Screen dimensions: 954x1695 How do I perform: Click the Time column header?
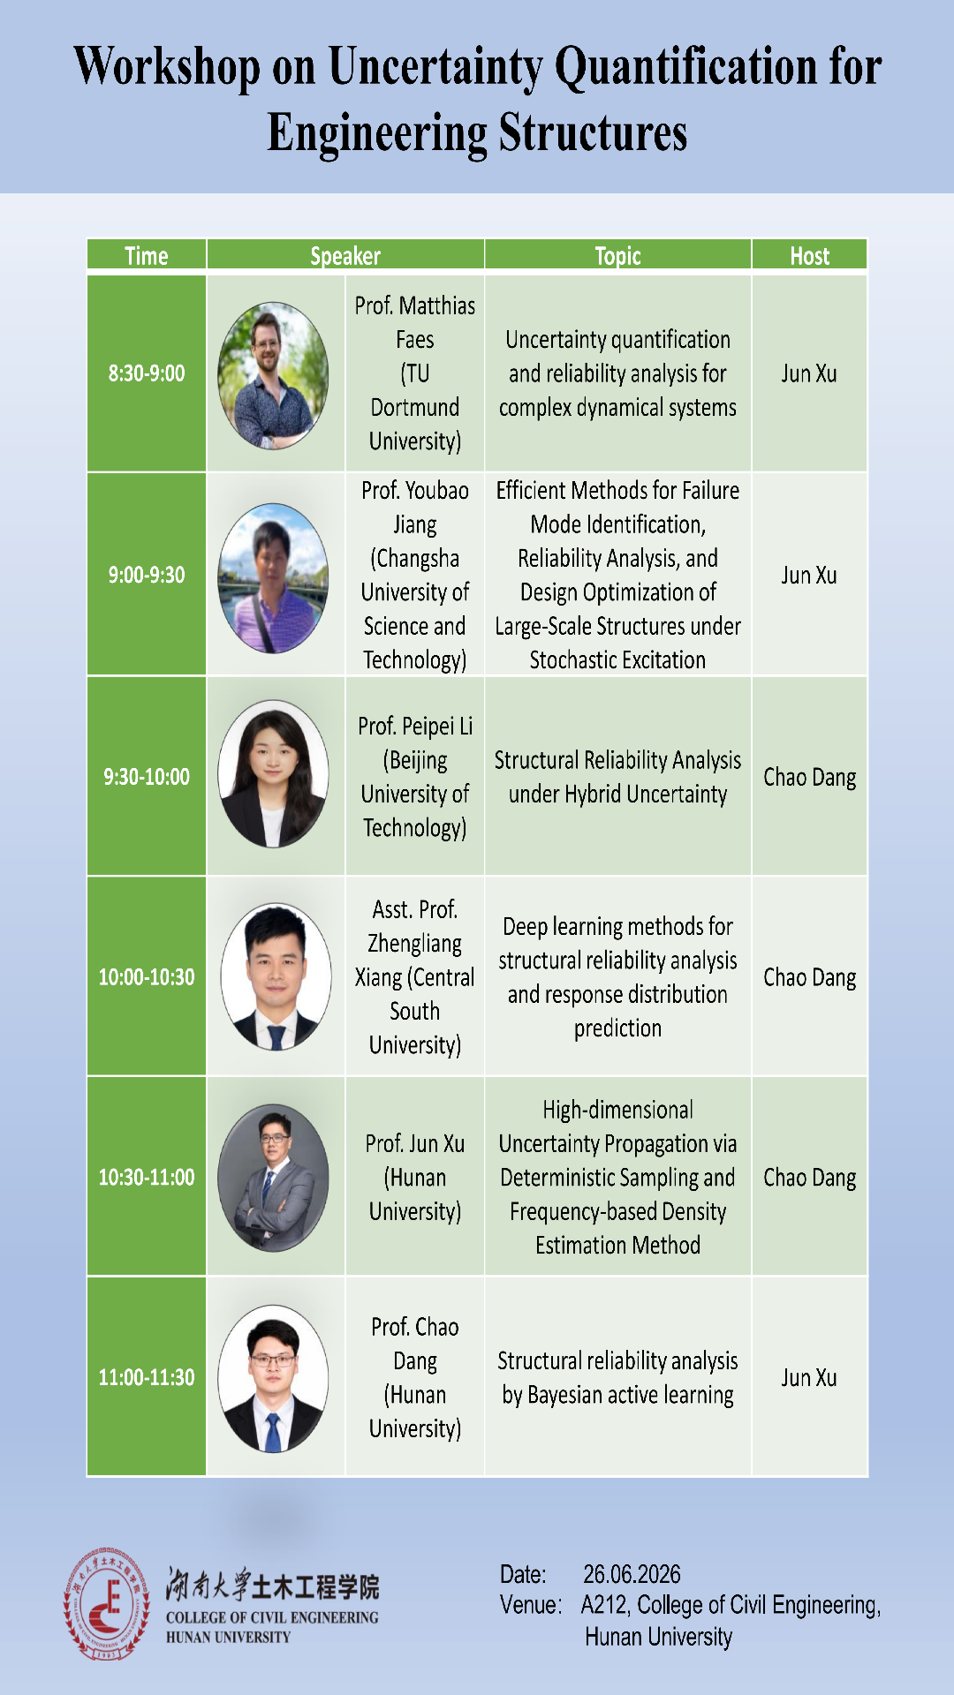pos(147,256)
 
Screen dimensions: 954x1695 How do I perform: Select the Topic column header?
pos(617,256)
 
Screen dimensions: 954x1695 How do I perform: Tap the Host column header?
pos(809,256)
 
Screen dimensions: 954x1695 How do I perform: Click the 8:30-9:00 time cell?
pos(147,373)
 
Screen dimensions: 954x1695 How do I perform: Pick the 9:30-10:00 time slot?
pos(147,777)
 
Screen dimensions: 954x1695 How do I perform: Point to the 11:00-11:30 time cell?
pos(147,1377)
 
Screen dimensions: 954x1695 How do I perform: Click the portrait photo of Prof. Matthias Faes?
pos(273,375)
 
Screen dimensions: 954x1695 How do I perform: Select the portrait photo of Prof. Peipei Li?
pos(273,774)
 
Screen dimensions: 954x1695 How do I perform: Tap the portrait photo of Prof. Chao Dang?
pos(273,1379)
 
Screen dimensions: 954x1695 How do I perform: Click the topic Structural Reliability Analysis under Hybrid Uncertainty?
pos(617,777)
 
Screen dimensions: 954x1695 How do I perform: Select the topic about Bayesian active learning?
pos(617,1377)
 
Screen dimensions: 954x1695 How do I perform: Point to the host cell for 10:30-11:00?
pos(810,1178)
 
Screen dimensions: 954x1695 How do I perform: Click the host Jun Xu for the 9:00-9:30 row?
pos(808,575)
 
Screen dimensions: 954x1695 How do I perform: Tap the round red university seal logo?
pos(107,1604)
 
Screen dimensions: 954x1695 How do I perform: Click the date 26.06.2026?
pos(632,1574)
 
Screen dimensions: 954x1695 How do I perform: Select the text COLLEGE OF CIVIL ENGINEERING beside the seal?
pos(272,1618)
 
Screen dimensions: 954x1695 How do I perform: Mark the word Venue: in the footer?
pos(531,1605)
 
